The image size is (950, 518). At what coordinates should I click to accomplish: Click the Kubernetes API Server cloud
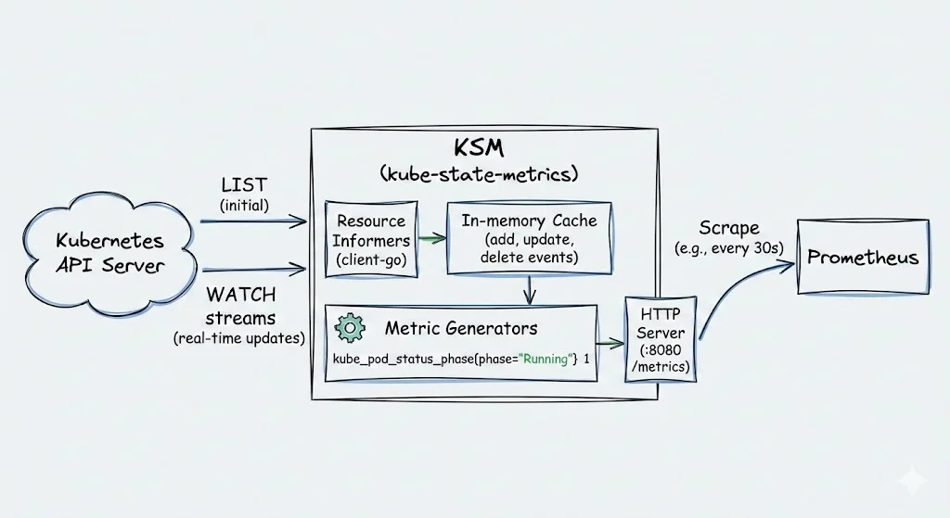click(109, 253)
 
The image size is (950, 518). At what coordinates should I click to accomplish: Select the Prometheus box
click(863, 257)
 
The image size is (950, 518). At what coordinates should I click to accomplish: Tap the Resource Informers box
click(371, 239)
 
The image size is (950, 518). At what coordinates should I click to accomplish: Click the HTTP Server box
click(660, 339)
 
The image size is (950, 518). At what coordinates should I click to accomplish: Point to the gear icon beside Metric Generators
click(350, 327)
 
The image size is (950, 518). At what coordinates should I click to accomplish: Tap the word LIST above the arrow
click(244, 185)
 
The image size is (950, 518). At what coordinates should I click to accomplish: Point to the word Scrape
click(728, 227)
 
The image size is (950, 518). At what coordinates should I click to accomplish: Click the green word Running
click(546, 360)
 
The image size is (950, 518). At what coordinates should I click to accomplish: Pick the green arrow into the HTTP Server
click(610, 341)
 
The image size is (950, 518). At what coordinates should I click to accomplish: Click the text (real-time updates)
click(239, 338)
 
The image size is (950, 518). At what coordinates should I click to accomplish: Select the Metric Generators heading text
click(460, 328)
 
